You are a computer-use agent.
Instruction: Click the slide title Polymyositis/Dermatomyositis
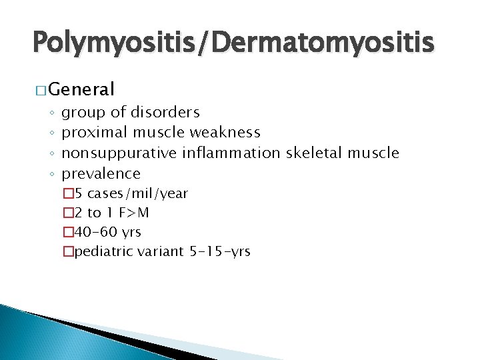point(234,43)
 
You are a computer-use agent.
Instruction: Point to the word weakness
point(225,133)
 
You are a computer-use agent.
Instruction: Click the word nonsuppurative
point(119,153)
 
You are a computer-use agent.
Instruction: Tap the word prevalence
point(101,174)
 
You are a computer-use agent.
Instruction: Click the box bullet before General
point(41,89)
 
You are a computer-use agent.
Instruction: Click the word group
point(82,113)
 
